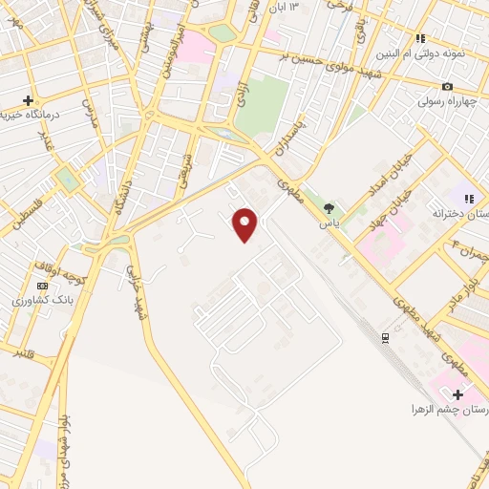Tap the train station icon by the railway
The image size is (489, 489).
(x=385, y=338)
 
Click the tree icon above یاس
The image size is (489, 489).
(x=330, y=208)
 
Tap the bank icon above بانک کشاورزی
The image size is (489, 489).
(x=41, y=286)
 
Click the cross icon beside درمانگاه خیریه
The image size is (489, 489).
(x=29, y=100)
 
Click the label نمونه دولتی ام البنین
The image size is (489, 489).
(x=454, y=54)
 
